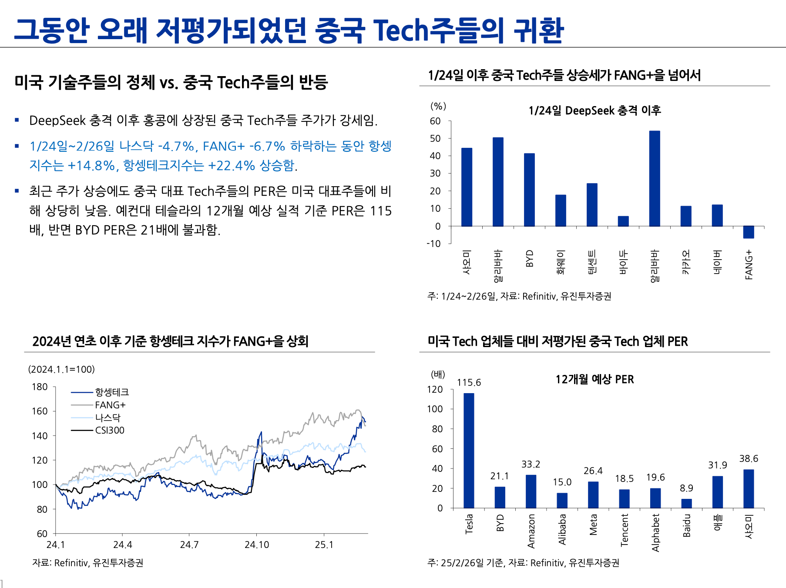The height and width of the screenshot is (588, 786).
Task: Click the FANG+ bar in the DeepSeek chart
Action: (749, 232)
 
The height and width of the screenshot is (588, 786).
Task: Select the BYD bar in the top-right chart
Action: (529, 190)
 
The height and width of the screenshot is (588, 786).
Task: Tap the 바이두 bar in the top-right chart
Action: (623, 221)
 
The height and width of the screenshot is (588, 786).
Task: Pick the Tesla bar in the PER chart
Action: (469, 451)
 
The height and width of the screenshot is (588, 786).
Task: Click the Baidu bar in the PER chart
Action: (686, 504)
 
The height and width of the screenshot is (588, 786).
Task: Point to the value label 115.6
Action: (469, 383)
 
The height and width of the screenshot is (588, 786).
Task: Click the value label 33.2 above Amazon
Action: (531, 464)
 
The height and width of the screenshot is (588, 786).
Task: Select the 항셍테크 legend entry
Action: (112, 392)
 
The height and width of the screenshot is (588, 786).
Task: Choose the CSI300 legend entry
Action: (110, 431)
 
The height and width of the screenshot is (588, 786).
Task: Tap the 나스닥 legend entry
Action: (107, 418)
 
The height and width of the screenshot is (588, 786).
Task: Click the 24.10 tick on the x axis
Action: (257, 545)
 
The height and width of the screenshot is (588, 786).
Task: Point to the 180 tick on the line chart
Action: (40, 387)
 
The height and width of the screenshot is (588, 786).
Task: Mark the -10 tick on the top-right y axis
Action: (433, 244)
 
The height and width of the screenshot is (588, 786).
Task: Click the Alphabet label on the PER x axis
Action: (655, 533)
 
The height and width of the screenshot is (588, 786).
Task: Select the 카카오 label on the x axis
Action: (686, 262)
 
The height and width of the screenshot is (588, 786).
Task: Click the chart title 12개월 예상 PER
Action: (595, 380)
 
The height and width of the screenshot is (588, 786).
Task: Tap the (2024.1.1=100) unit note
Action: (61, 370)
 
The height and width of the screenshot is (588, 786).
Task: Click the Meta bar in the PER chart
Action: (593, 495)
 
